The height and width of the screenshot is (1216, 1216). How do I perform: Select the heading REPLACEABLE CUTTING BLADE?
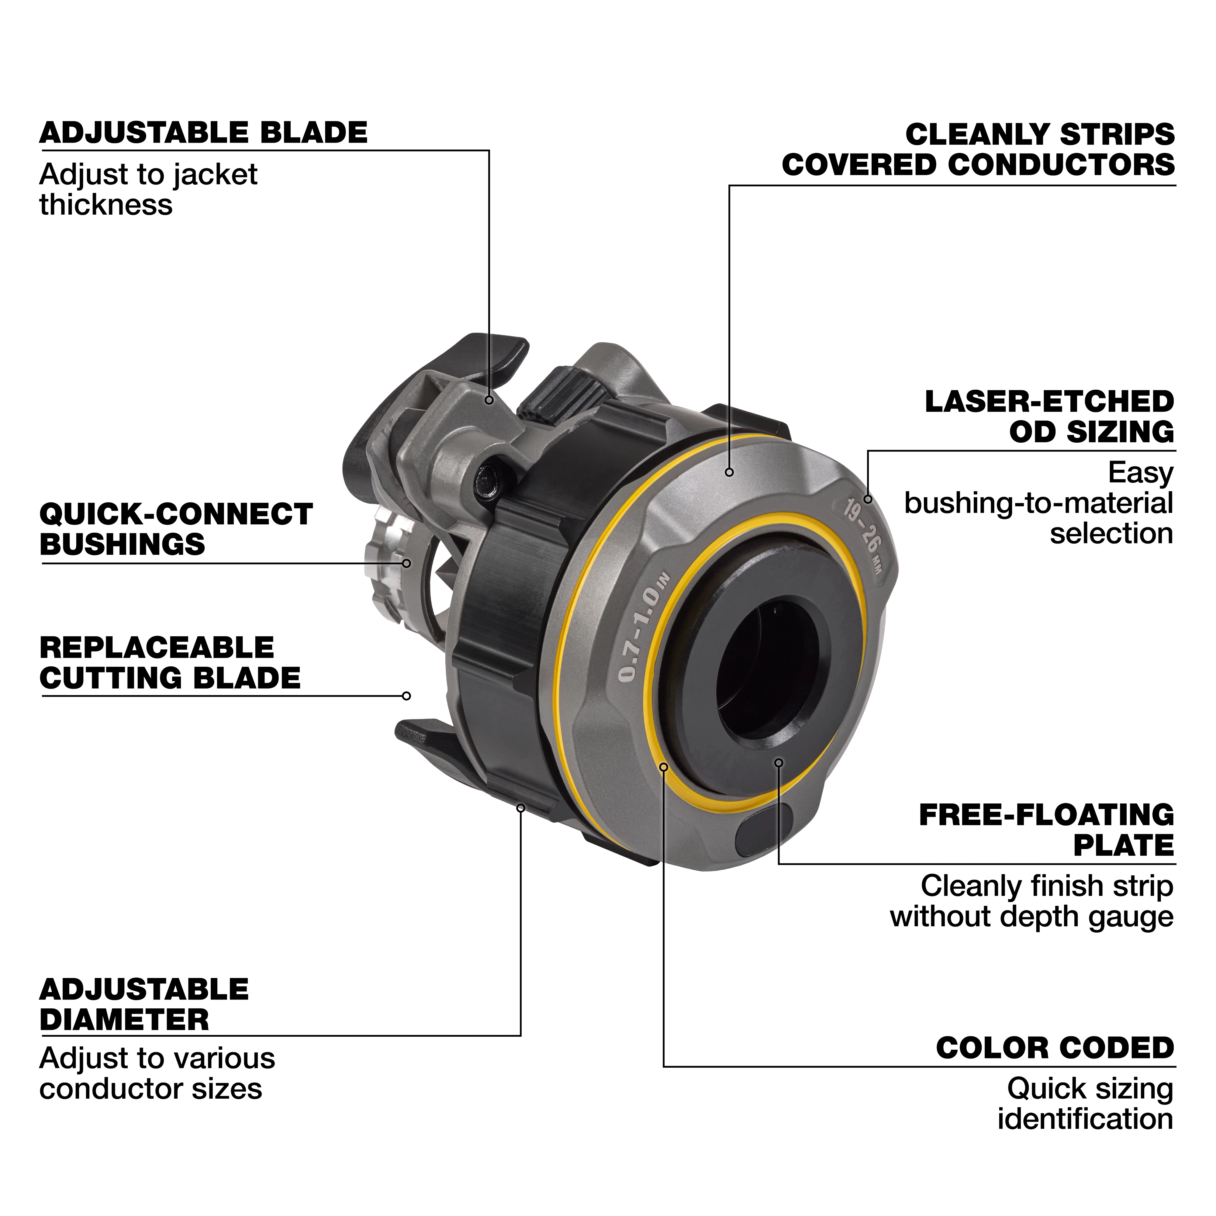(170, 663)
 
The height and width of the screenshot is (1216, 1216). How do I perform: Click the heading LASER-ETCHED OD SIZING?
(1049, 417)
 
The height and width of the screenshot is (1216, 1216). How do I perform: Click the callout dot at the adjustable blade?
(489, 400)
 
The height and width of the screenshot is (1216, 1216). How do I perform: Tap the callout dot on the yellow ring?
(663, 767)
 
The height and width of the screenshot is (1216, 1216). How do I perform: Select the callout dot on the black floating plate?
(779, 762)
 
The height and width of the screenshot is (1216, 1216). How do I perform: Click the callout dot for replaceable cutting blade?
(406, 696)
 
